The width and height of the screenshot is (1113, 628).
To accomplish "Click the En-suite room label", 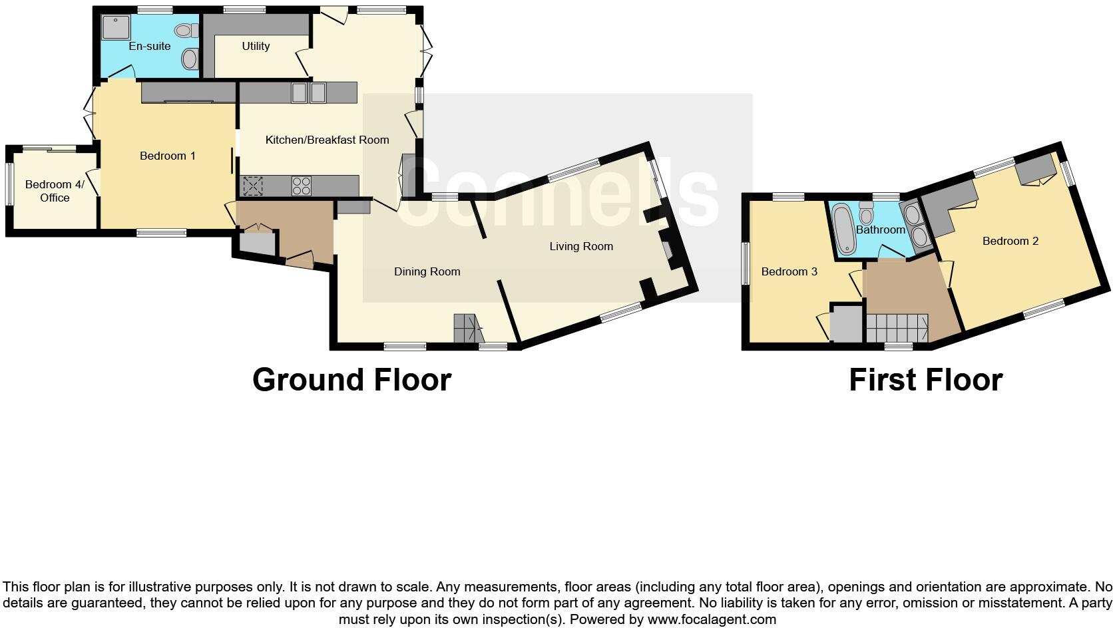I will click(150, 46).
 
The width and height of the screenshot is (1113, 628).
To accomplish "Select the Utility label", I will click(256, 46).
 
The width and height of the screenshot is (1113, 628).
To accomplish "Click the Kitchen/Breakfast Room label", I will click(327, 140).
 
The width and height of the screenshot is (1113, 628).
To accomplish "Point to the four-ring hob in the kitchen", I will click(301, 186).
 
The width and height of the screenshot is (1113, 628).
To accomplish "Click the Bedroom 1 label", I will click(168, 156).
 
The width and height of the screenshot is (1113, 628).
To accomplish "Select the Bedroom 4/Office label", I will click(55, 191).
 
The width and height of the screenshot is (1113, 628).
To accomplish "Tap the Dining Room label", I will click(427, 271).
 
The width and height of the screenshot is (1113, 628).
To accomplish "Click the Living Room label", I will click(581, 246).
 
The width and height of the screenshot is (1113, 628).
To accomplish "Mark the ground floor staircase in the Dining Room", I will click(467, 329).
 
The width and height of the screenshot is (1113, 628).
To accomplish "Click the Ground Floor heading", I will click(351, 380).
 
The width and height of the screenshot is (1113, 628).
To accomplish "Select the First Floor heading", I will click(925, 380).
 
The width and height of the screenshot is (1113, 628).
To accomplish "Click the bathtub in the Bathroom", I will click(843, 230).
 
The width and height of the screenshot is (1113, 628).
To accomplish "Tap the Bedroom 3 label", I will click(789, 271).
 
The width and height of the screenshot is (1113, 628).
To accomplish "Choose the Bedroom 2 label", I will click(1010, 241).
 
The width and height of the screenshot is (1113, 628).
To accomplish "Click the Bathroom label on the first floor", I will click(880, 230).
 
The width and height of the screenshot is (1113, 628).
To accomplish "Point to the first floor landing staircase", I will click(897, 328).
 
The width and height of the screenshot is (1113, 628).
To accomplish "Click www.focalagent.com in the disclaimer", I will click(712, 619).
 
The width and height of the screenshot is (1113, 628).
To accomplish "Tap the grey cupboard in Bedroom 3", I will click(847, 324).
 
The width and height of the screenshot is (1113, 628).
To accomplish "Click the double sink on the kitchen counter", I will click(308, 92).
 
